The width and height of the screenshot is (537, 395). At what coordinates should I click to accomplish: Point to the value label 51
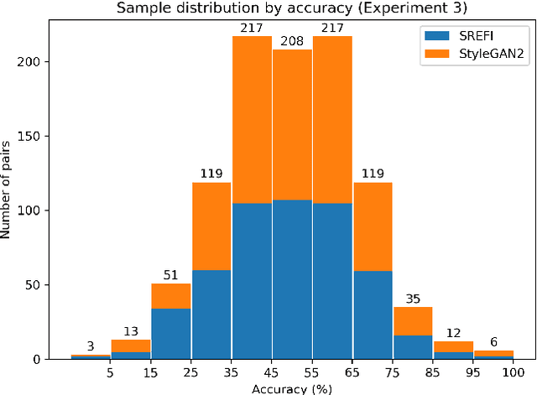click(x=171, y=275)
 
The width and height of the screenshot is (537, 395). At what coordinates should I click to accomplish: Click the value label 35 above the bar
click(x=413, y=299)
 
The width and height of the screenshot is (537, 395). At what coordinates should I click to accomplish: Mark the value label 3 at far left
click(x=91, y=346)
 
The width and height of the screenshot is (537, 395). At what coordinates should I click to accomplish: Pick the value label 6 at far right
click(x=493, y=341)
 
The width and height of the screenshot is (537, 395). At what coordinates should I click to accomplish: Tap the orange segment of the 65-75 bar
click(x=373, y=226)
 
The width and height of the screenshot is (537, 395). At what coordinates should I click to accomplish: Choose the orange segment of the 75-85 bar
click(x=413, y=321)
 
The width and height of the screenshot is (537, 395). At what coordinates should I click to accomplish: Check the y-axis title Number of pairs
click(x=8, y=191)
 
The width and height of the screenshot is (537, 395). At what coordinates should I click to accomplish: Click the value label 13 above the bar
click(x=131, y=331)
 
